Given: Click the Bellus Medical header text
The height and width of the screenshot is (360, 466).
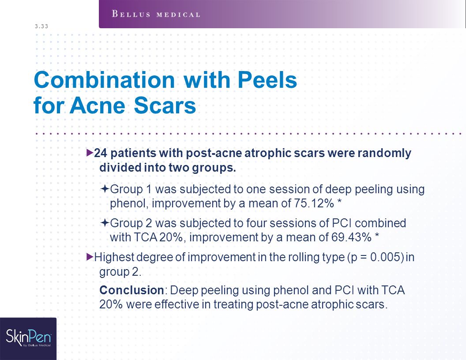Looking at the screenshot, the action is (156, 14).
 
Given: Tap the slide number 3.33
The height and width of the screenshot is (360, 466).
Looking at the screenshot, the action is (41, 26).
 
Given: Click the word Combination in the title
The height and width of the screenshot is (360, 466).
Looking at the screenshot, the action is (104, 80).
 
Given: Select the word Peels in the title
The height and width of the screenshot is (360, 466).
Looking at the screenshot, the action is (267, 80).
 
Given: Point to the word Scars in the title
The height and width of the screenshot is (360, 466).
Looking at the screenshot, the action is (165, 105).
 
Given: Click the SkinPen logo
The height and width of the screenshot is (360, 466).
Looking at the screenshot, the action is (29, 338).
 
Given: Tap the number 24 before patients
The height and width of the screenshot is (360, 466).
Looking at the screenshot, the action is (101, 153).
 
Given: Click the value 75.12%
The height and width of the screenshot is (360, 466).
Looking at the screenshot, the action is (314, 203).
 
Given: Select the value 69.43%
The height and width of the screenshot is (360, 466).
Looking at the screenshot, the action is (352, 237).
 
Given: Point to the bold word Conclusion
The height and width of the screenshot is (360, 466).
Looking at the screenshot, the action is (132, 290).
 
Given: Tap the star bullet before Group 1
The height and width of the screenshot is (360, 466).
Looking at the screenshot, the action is (105, 188).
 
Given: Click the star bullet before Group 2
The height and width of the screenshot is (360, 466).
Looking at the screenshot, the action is (105, 222).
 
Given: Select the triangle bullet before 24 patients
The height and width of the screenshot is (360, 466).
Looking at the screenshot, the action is (90, 153).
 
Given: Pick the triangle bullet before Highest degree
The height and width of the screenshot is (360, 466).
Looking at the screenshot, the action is (90, 257).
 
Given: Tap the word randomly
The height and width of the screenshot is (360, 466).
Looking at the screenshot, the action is (384, 154).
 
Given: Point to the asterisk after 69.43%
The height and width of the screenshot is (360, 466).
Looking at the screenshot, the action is (377, 236).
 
